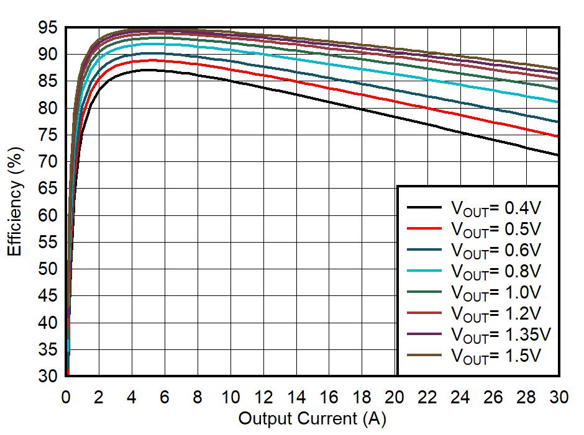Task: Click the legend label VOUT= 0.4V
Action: pyautogui.click(x=496, y=207)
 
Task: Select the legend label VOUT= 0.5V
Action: pyautogui.click(x=496, y=228)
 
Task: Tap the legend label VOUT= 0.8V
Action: pyautogui.click(x=496, y=271)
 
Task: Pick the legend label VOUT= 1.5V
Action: pyautogui.click(x=496, y=356)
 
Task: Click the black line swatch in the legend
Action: pyautogui.click(x=424, y=208)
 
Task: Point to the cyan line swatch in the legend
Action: pyautogui.click(x=424, y=271)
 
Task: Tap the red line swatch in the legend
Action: pyautogui.click(x=424, y=229)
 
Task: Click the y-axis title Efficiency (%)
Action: pyautogui.click(x=16, y=202)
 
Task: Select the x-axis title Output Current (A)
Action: pyautogui.click(x=312, y=419)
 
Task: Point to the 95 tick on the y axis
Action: pyautogui.click(x=48, y=28)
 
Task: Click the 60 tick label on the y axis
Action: pyautogui.click(x=48, y=215)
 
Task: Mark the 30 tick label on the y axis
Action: pyautogui.click(x=48, y=376)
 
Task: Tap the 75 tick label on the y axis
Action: pyautogui.click(x=48, y=135)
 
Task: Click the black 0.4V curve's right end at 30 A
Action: pyautogui.click(x=559, y=155)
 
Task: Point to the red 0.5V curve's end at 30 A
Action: pyautogui.click(x=559, y=137)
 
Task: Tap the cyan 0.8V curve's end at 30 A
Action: pyautogui.click(x=559, y=102)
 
